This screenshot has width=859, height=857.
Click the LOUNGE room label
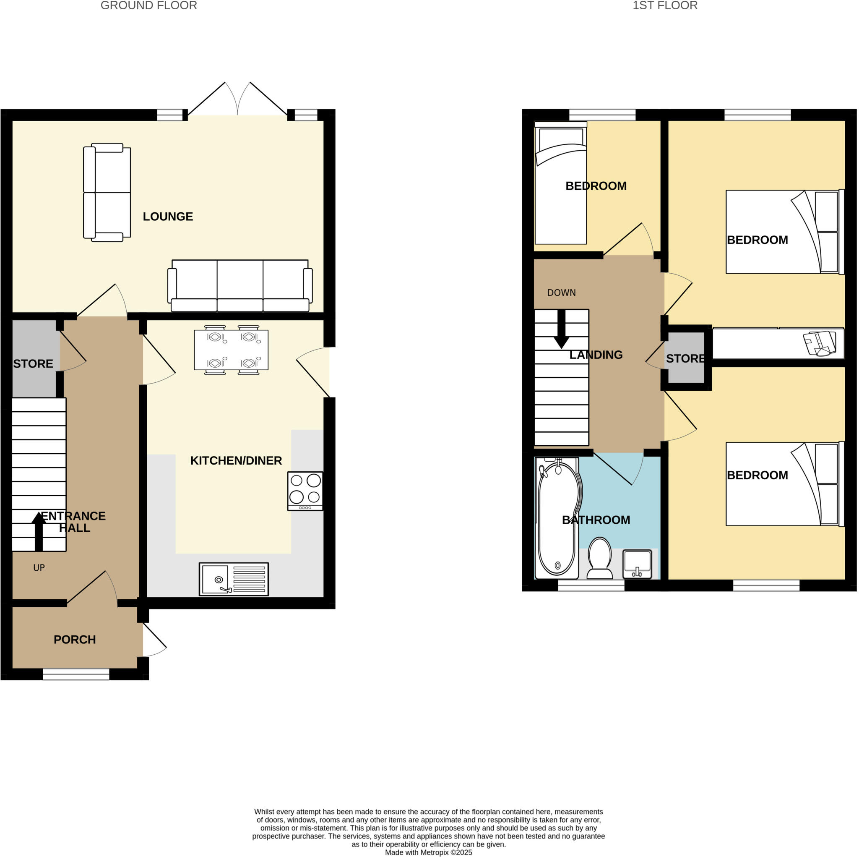click(x=168, y=217)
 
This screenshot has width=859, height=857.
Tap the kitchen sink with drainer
click(x=234, y=579)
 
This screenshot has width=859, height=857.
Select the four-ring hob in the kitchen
click(x=305, y=491)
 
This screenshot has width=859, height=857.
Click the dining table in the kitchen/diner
click(x=231, y=350)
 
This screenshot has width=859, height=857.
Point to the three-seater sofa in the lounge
click(x=239, y=286)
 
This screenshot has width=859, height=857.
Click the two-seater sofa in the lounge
click(x=107, y=192)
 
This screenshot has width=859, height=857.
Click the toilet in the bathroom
click(x=599, y=558)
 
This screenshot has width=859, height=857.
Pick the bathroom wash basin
click(x=637, y=564)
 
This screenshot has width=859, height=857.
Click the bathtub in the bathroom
click(x=558, y=518)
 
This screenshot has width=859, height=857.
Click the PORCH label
click(x=75, y=640)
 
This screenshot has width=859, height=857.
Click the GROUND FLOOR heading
click(x=148, y=6)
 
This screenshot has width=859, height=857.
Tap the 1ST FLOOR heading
click(x=665, y=6)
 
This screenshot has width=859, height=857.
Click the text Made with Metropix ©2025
click(x=428, y=852)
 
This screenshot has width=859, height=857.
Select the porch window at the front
click(x=76, y=674)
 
